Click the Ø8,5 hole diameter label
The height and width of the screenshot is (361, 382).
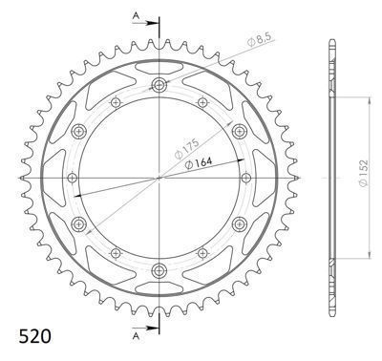coord(259,40)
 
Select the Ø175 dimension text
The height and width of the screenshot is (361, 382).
coord(187,148)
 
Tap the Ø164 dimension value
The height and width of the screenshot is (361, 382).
coord(199,163)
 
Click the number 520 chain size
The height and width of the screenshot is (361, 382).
coord(34,336)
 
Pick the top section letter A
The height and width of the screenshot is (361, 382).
coord(136,16)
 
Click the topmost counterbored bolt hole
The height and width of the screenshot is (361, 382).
coord(159,85)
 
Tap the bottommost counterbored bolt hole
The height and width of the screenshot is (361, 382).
coord(159,271)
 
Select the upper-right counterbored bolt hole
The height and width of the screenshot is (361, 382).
coord(240,131)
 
